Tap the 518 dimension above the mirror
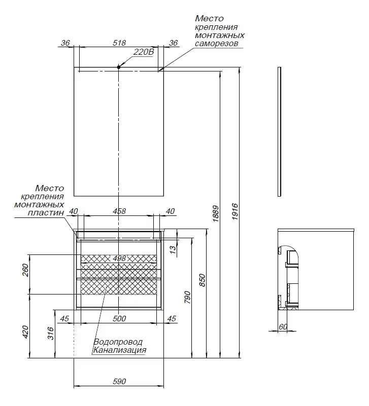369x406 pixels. point(119,43)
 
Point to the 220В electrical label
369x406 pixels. point(143,52)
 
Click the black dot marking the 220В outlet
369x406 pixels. point(118,67)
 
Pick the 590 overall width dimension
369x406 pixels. point(118,381)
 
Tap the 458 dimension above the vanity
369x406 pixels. point(118,211)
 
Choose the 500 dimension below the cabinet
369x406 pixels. point(119,319)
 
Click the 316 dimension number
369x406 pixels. point(50,333)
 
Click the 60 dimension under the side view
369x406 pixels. point(283,327)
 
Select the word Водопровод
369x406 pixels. point(117,342)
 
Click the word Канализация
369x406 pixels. point(119,350)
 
